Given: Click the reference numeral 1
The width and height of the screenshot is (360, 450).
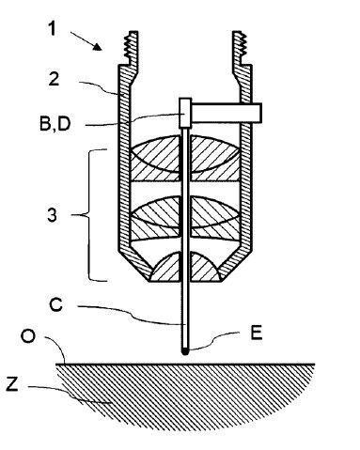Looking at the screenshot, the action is [x=52, y=28].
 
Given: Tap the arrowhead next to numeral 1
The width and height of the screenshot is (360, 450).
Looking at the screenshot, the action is [x=98, y=47].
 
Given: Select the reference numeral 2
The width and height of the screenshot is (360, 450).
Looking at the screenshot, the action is [x=54, y=79].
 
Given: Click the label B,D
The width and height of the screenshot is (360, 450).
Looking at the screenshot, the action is [x=55, y=124].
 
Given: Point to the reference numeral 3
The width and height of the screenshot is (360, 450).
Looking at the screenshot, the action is [x=53, y=215].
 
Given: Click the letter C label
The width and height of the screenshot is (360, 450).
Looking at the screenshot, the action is [x=56, y=305].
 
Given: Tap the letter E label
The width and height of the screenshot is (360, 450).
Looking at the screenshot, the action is [x=257, y=333].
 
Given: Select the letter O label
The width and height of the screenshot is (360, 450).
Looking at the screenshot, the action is [x=28, y=336].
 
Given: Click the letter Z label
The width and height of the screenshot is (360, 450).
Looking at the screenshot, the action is [x=12, y=384].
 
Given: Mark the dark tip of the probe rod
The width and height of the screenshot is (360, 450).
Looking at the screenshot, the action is [x=185, y=350].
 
